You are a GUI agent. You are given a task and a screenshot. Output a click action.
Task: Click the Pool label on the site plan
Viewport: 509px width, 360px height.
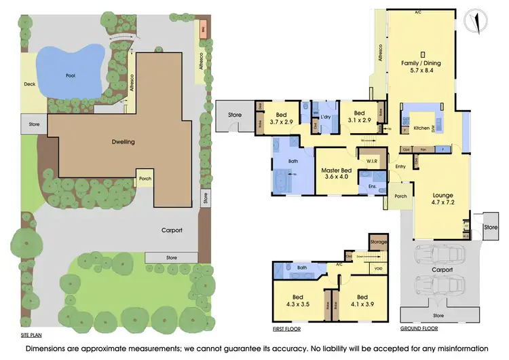71,75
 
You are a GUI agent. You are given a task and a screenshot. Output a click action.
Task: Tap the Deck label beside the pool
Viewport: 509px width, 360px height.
29,85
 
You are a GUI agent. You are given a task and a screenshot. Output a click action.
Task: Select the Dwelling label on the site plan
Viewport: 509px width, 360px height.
124,142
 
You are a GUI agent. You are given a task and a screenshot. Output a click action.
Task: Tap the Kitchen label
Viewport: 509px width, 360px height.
422,128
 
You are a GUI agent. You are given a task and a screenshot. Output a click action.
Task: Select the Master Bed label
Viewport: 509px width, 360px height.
337,170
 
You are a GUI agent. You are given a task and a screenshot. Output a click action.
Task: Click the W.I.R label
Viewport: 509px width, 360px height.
371,161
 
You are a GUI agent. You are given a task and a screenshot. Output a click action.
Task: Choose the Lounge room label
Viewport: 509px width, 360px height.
442,194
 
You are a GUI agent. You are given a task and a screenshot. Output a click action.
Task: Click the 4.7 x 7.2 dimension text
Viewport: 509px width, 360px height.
442,202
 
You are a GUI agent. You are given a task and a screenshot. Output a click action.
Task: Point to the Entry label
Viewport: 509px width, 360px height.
400,166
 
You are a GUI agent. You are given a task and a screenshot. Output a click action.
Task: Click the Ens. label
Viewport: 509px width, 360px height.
373,185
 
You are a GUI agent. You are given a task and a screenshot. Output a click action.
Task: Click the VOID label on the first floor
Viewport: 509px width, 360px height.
378,268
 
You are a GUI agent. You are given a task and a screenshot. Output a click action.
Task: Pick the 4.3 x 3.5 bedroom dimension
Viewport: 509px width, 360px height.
297,304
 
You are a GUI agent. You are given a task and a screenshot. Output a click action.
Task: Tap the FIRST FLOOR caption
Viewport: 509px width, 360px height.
286,328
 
